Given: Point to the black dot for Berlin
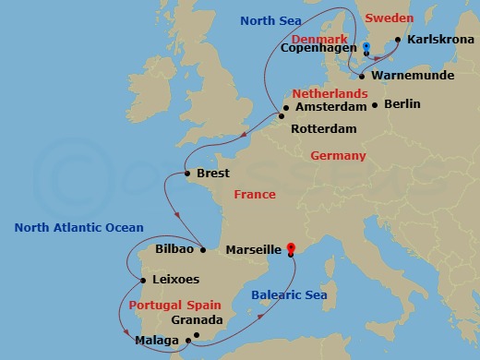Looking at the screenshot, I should pyautogui.click(x=374, y=105).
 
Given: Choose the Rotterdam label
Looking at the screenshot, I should pyautogui.click(x=323, y=128).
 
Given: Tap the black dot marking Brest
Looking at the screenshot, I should pyautogui.click(x=187, y=174).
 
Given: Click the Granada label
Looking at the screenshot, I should pyautogui.click(x=197, y=321).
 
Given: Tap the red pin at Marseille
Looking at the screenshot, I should pyautogui.click(x=291, y=247).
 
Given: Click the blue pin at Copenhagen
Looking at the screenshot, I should pyautogui.click(x=366, y=46).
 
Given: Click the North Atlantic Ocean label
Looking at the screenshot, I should pyautogui.click(x=79, y=228).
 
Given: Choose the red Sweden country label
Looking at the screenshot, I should pyautogui.click(x=389, y=18).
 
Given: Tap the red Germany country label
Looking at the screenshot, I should pyautogui.click(x=338, y=156).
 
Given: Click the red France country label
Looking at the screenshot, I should pyautogui.click(x=255, y=195).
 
